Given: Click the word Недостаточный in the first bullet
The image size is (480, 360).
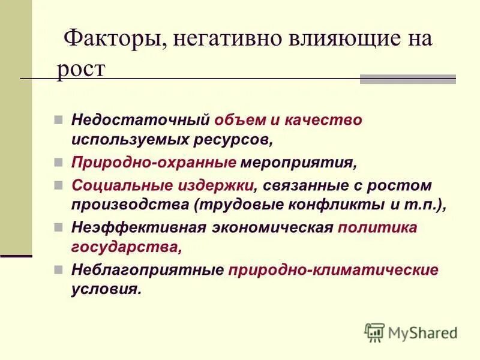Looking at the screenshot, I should [140, 119].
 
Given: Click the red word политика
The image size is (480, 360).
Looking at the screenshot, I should [377, 228].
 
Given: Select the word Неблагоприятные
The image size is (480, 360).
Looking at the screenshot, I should [147, 270].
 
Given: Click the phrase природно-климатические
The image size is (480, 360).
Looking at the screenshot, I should [334, 270].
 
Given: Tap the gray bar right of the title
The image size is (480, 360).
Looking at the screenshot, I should [407, 79].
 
